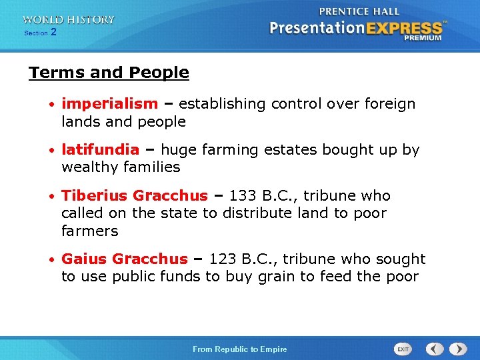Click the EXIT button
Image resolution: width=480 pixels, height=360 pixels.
pos(403,349)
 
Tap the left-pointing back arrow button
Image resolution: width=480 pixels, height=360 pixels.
pos(435,349)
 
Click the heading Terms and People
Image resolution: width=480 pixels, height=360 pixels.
pos(109,73)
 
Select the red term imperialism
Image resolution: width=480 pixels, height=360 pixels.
pos(109,104)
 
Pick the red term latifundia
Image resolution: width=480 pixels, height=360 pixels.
pos(100,150)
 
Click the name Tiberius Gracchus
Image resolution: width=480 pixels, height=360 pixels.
pos(135,196)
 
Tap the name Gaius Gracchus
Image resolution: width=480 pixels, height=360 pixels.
pos(125,259)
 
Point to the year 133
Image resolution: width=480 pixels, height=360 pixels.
pos(242,196)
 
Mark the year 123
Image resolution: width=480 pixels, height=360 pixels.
pos(222,259)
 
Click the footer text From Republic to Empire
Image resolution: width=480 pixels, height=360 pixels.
pos(239,349)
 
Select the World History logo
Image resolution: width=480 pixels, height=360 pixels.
pos(69,20)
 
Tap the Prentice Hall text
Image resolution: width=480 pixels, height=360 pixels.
pos(359,11)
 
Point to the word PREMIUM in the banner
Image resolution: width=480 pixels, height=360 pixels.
pos(422,39)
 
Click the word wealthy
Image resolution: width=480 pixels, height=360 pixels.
pos(87,167)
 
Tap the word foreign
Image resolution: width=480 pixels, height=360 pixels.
pos(390,104)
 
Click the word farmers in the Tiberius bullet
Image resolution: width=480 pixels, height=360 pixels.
pos(89,231)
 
